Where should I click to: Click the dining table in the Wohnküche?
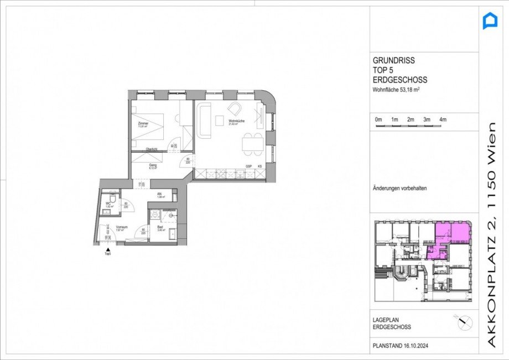(252, 144)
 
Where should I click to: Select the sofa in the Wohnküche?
(204, 122)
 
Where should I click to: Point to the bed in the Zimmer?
(148, 128)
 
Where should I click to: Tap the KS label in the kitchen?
(258, 165)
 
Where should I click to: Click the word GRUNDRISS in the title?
(393, 61)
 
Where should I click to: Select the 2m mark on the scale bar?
(411, 120)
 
